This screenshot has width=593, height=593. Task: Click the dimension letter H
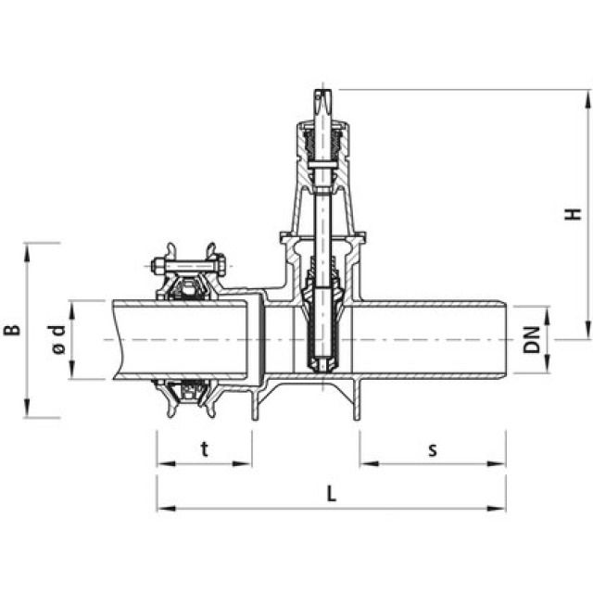pos(575,213)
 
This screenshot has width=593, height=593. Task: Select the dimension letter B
pos(12,329)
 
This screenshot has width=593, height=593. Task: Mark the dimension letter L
pos(332,494)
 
